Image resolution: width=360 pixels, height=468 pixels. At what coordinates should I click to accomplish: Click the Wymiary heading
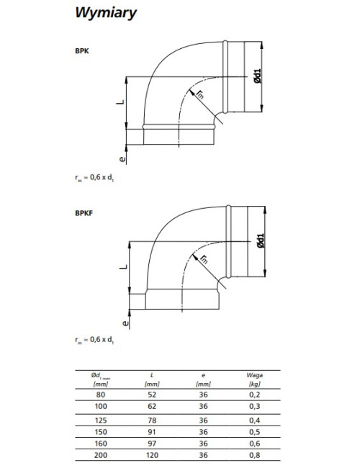tap(106, 13)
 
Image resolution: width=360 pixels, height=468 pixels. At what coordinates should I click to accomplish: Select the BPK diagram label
tap(82, 50)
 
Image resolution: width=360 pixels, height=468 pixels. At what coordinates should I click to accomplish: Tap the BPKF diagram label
tap(84, 213)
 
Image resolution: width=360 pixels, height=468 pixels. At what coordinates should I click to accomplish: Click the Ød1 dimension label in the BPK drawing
tap(257, 76)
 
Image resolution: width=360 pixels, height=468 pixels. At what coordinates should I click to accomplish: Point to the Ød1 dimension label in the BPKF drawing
tap(261, 240)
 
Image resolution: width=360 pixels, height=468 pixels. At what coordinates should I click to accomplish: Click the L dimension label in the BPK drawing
tap(120, 102)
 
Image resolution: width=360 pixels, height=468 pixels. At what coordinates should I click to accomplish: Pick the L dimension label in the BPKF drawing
tap(124, 266)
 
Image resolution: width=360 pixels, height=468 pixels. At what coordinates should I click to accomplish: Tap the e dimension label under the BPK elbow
tap(122, 158)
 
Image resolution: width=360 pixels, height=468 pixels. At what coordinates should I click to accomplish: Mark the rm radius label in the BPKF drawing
tap(204, 259)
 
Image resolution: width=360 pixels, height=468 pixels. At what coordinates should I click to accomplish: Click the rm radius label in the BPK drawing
tap(200, 94)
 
